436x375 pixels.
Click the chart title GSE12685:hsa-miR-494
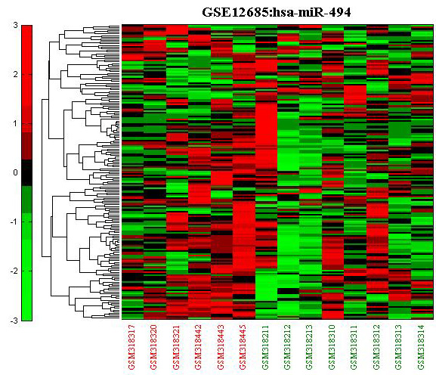(277, 12)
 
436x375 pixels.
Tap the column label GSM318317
(131, 347)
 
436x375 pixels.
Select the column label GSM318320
(153, 347)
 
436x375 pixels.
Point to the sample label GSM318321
(176, 347)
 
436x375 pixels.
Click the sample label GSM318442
(198, 347)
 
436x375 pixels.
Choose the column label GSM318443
(221, 347)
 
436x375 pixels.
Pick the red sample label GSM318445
(243, 347)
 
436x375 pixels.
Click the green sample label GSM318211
(265, 347)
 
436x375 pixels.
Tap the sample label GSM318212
(287, 347)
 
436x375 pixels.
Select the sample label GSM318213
(310, 347)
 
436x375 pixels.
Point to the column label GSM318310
(332, 347)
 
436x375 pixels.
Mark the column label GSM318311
(354, 347)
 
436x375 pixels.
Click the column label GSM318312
(376, 347)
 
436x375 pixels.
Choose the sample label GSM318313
(398, 347)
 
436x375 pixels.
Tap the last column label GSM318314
(421, 347)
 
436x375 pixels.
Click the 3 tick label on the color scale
(15, 25)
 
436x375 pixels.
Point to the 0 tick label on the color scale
(15, 172)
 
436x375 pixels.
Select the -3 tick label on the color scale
(14, 321)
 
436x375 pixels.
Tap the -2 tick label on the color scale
(14, 271)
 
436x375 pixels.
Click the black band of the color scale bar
(26, 172)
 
